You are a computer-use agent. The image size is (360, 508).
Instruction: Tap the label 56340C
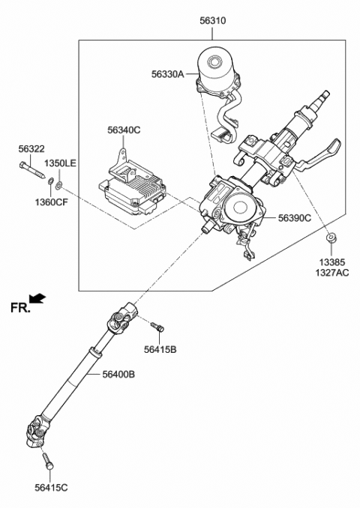tap(123, 130)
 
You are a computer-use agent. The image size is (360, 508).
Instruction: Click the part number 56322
tap(31, 149)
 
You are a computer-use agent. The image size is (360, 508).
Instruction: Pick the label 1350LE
tap(59, 163)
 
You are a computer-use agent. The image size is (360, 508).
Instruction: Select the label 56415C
tap(50, 488)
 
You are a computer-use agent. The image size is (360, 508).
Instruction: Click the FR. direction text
tap(20, 307)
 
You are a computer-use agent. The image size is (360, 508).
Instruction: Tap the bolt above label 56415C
tap(47, 458)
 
